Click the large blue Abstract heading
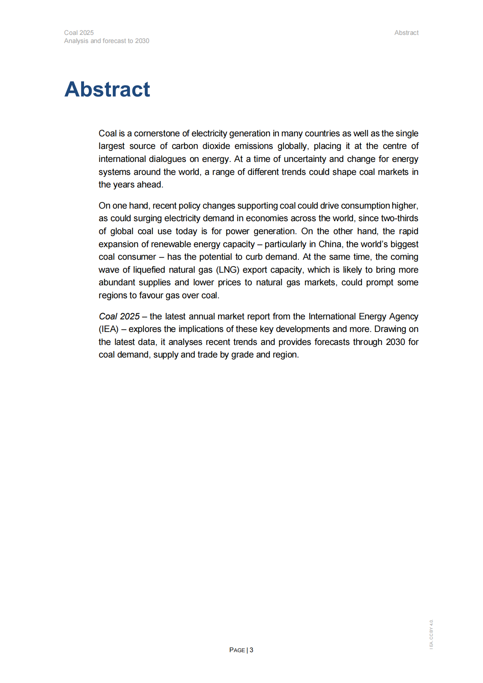pos(107,89)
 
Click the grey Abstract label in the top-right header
pos(406,33)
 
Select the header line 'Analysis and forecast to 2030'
pos(107,41)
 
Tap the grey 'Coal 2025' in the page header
pos(79,33)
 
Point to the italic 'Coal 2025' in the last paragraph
pos(119,317)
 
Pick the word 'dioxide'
pos(217,146)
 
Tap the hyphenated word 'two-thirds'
pos(400,218)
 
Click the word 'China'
pos(330,244)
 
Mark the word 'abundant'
pos(116,282)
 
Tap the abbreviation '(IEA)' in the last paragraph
pos(108,329)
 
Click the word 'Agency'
pos(403,317)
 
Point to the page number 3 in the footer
pos(252,650)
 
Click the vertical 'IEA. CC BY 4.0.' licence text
pos(431,634)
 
